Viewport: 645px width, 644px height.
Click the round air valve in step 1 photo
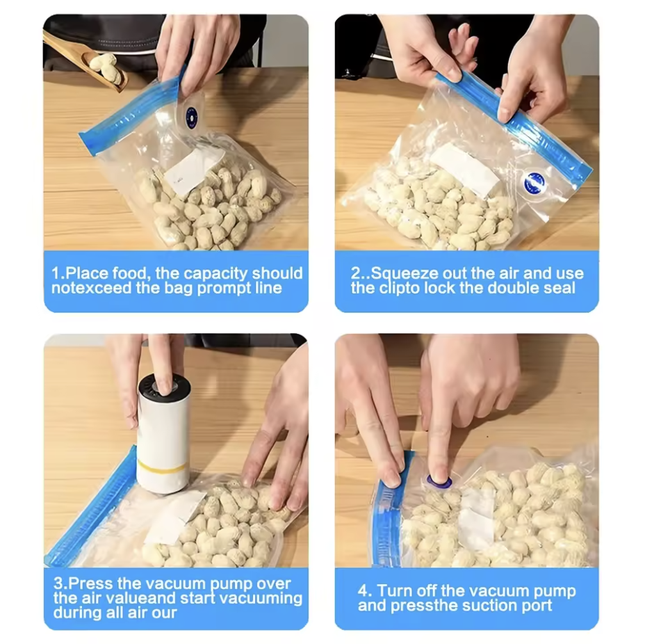click(x=192, y=113)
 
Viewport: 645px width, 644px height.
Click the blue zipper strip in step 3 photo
click(x=90, y=506)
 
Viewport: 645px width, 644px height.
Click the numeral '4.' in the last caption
click(x=364, y=591)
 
